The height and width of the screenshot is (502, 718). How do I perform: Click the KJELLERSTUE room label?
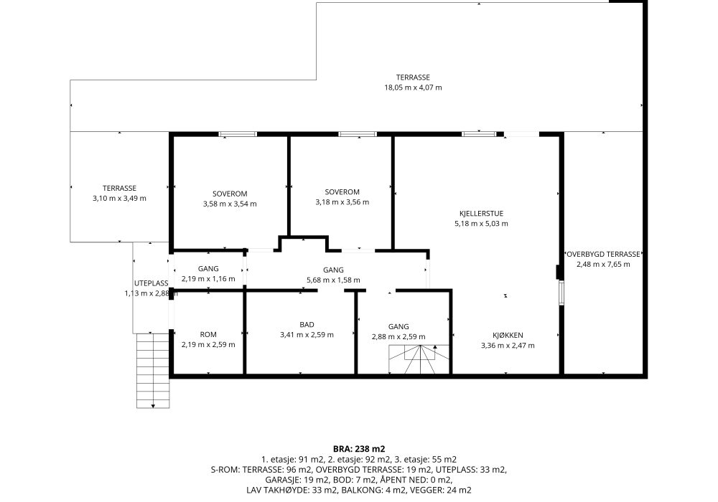pyautogui.click(x=481, y=214)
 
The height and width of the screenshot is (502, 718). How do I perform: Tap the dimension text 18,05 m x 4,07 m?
pyautogui.click(x=413, y=87)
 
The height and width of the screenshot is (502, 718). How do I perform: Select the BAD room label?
pyautogui.click(x=307, y=325)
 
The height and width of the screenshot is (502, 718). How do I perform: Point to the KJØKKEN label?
pyautogui.click(x=508, y=335)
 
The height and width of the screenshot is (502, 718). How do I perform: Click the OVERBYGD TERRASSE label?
pyautogui.click(x=603, y=254)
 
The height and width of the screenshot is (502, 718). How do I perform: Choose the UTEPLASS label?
pyautogui.click(x=151, y=283)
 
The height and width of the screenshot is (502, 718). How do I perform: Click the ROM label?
pyautogui.click(x=208, y=335)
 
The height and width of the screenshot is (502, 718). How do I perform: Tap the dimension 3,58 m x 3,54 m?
pyautogui.click(x=230, y=204)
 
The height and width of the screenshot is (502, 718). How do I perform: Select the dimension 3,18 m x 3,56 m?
pyautogui.click(x=342, y=202)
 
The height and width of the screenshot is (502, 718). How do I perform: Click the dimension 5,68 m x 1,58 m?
pyautogui.click(x=333, y=280)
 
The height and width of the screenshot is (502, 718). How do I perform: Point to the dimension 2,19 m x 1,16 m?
pyautogui.click(x=208, y=279)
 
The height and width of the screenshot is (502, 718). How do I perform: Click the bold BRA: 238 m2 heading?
pyautogui.click(x=359, y=449)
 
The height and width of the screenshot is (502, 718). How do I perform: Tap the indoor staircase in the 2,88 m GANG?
pyautogui.click(x=419, y=359)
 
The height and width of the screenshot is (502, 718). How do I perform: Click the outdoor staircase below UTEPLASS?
pyautogui.click(x=153, y=370)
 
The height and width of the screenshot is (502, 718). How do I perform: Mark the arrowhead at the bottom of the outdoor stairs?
pyautogui.click(x=153, y=406)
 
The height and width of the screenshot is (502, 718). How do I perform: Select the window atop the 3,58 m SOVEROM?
pyautogui.click(x=238, y=134)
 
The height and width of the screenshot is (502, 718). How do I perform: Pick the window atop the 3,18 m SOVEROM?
pyautogui.click(x=357, y=134)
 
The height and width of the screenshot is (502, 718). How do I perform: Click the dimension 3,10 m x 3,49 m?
pyautogui.click(x=119, y=199)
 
